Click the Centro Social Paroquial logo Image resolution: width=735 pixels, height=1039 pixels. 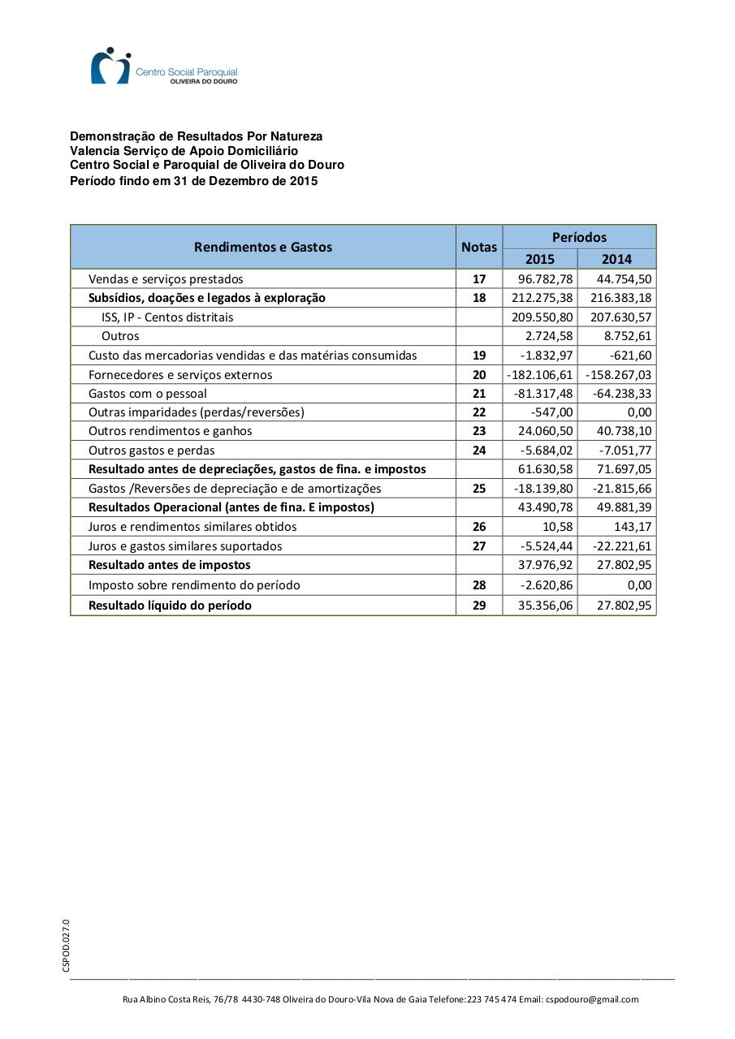point(164,67)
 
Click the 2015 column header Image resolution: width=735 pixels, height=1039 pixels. point(540,259)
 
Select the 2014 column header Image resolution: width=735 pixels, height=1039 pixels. point(616,259)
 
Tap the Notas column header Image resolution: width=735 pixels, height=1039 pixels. point(479,247)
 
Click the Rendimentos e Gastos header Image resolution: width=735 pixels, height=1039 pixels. point(263,247)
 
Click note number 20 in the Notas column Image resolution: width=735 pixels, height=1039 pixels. point(479,374)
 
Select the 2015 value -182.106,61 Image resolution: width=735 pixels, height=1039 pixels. point(540,374)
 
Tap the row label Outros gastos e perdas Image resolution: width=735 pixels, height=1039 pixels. point(151,450)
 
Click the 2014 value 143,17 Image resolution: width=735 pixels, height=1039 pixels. point(633,526)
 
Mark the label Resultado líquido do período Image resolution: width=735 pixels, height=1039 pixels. point(170,605)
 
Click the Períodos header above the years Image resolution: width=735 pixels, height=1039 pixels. point(579,237)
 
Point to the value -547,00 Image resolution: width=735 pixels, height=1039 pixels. point(551,412)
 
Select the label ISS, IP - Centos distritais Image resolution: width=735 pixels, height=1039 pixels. point(167,317)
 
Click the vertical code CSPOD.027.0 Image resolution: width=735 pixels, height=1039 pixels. point(66,945)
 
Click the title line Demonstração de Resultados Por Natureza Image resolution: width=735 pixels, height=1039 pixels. point(196,136)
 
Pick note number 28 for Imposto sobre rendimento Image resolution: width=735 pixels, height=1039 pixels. point(479,584)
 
